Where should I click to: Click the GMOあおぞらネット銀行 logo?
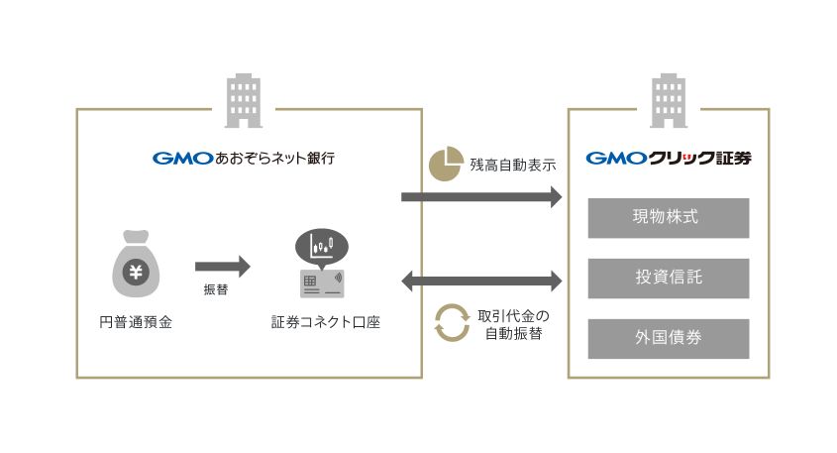(x=244, y=159)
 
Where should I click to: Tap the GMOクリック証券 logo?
(x=669, y=159)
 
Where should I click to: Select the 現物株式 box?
(x=669, y=218)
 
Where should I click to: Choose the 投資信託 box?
(x=669, y=279)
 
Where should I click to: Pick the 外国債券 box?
(x=669, y=339)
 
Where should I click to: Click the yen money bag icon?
(x=136, y=264)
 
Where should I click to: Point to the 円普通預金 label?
(x=136, y=322)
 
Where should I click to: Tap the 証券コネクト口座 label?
(x=326, y=322)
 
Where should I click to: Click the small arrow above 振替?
(x=223, y=267)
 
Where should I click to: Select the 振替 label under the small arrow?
(x=216, y=289)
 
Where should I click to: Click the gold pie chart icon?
(x=446, y=164)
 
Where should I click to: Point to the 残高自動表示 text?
(x=513, y=166)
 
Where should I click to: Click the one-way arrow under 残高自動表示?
(x=481, y=197)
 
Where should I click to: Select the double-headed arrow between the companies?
(x=481, y=281)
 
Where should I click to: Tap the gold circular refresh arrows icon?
(x=452, y=323)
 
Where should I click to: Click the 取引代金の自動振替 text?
(x=513, y=325)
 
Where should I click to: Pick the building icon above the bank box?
(x=244, y=101)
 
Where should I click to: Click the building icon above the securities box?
(x=669, y=101)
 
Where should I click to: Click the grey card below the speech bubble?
(x=322, y=283)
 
